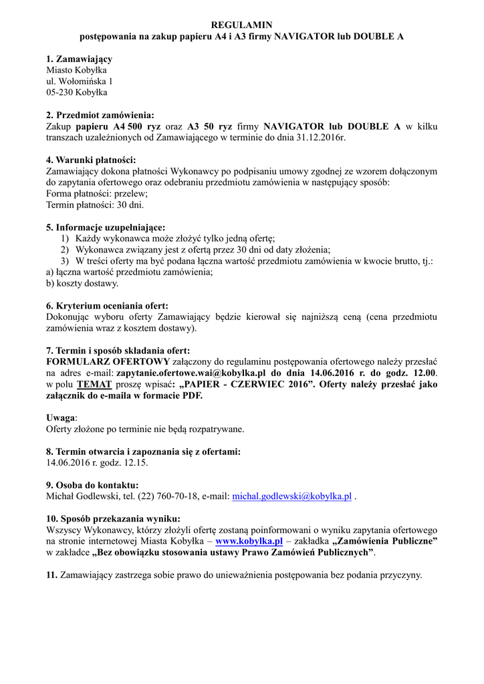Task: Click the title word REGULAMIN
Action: tap(241, 25)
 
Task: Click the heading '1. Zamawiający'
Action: tap(79, 59)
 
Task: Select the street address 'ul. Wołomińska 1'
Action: tap(79, 81)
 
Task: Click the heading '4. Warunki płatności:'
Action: tap(90, 160)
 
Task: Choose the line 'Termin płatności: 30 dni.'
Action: tap(94, 204)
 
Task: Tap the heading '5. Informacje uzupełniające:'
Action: tap(106, 227)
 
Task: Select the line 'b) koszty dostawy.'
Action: tap(82, 283)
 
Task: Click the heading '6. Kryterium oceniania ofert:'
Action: tap(107, 306)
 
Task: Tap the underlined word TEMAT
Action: tap(91, 384)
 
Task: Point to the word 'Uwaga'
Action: tap(61, 417)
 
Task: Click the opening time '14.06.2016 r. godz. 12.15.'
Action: tap(97, 462)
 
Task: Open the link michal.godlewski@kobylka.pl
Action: tap(291, 496)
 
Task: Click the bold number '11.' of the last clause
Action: tap(52, 575)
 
